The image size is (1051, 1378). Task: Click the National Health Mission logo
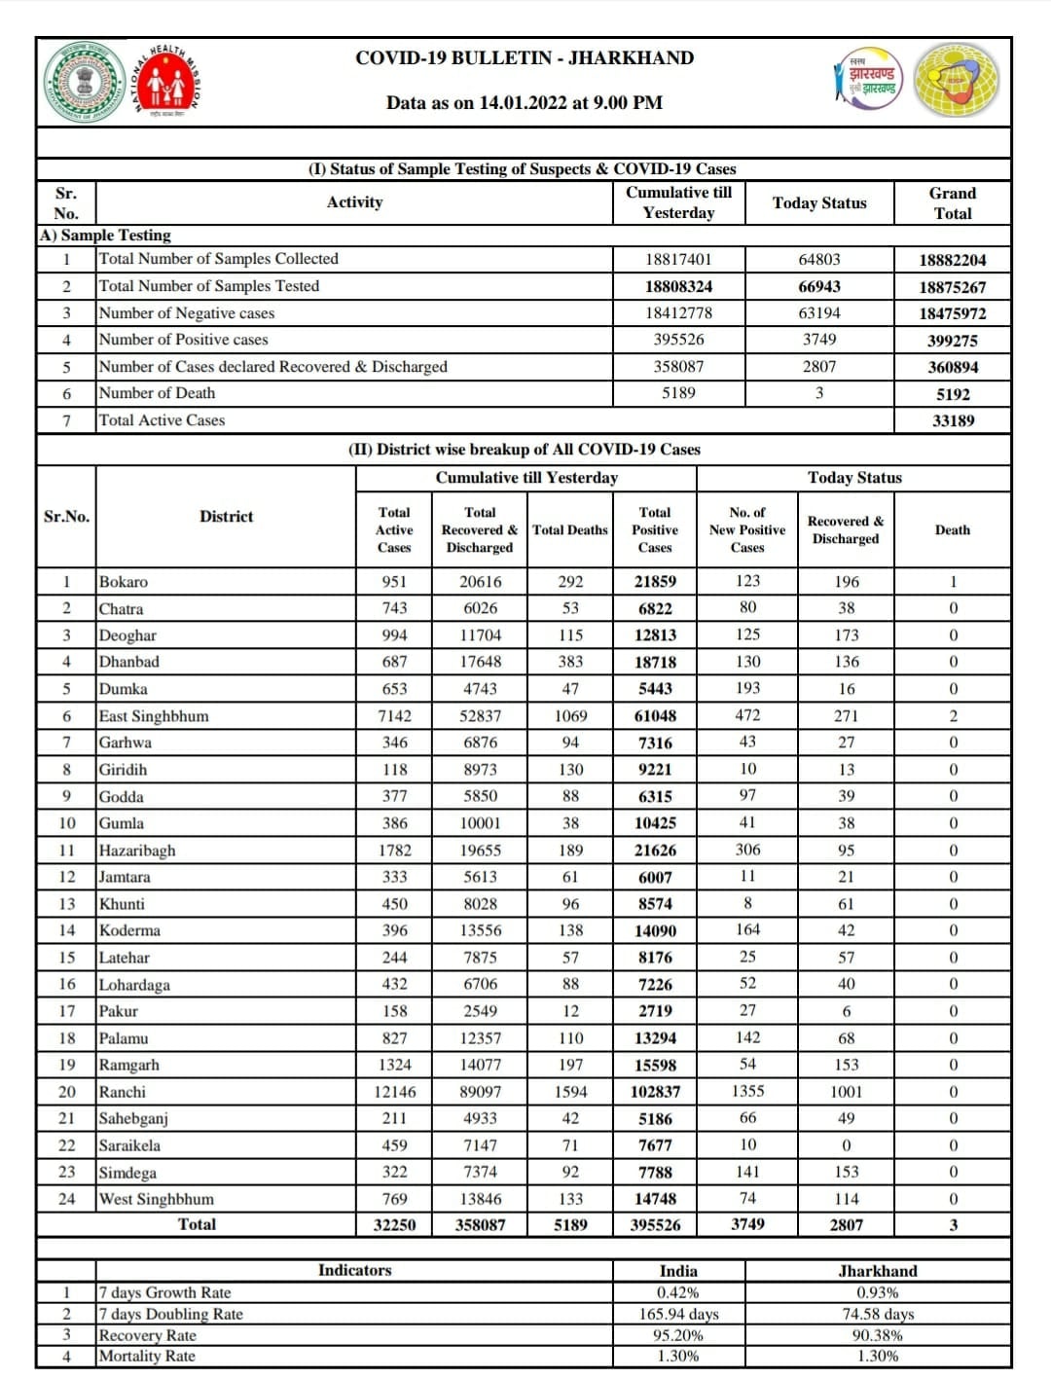tap(167, 81)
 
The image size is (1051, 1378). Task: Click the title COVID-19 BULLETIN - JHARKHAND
tap(525, 58)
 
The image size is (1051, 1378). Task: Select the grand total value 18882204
tap(952, 260)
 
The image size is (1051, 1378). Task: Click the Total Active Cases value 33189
tap(952, 420)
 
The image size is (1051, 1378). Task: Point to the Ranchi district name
tap(123, 1092)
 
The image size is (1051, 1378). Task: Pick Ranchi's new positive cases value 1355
tap(747, 1091)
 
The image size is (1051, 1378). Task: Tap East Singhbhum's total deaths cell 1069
tap(570, 715)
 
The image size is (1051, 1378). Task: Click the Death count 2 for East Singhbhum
tap(953, 715)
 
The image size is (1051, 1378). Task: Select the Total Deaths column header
tap(570, 529)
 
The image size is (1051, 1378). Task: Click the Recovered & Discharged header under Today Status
tap(845, 529)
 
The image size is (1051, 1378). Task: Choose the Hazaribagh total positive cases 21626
tap(655, 850)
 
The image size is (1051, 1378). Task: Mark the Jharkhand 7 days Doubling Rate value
tap(877, 1314)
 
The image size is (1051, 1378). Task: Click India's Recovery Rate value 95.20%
tap(678, 1335)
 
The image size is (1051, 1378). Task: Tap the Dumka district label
tap(124, 689)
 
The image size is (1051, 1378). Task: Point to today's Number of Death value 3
tap(818, 393)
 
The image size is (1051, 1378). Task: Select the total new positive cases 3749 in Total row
tap(747, 1224)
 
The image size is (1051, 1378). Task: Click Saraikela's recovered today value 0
tap(846, 1145)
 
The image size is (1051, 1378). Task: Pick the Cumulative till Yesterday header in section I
tap(678, 202)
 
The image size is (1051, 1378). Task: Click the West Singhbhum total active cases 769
tap(394, 1199)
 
